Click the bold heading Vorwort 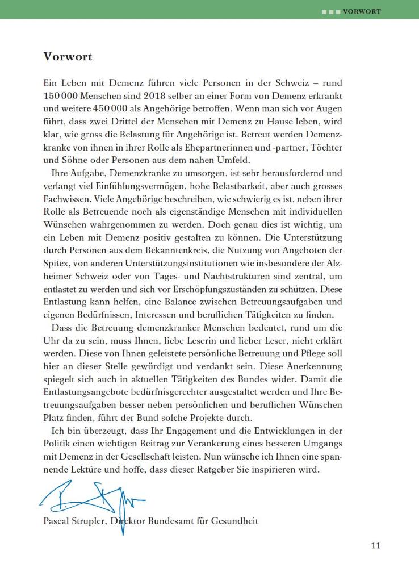pos(68,57)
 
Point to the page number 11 pos(375,546)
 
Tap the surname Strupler pos(95,521)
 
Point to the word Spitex pos(57,265)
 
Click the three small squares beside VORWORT pos(331,11)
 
